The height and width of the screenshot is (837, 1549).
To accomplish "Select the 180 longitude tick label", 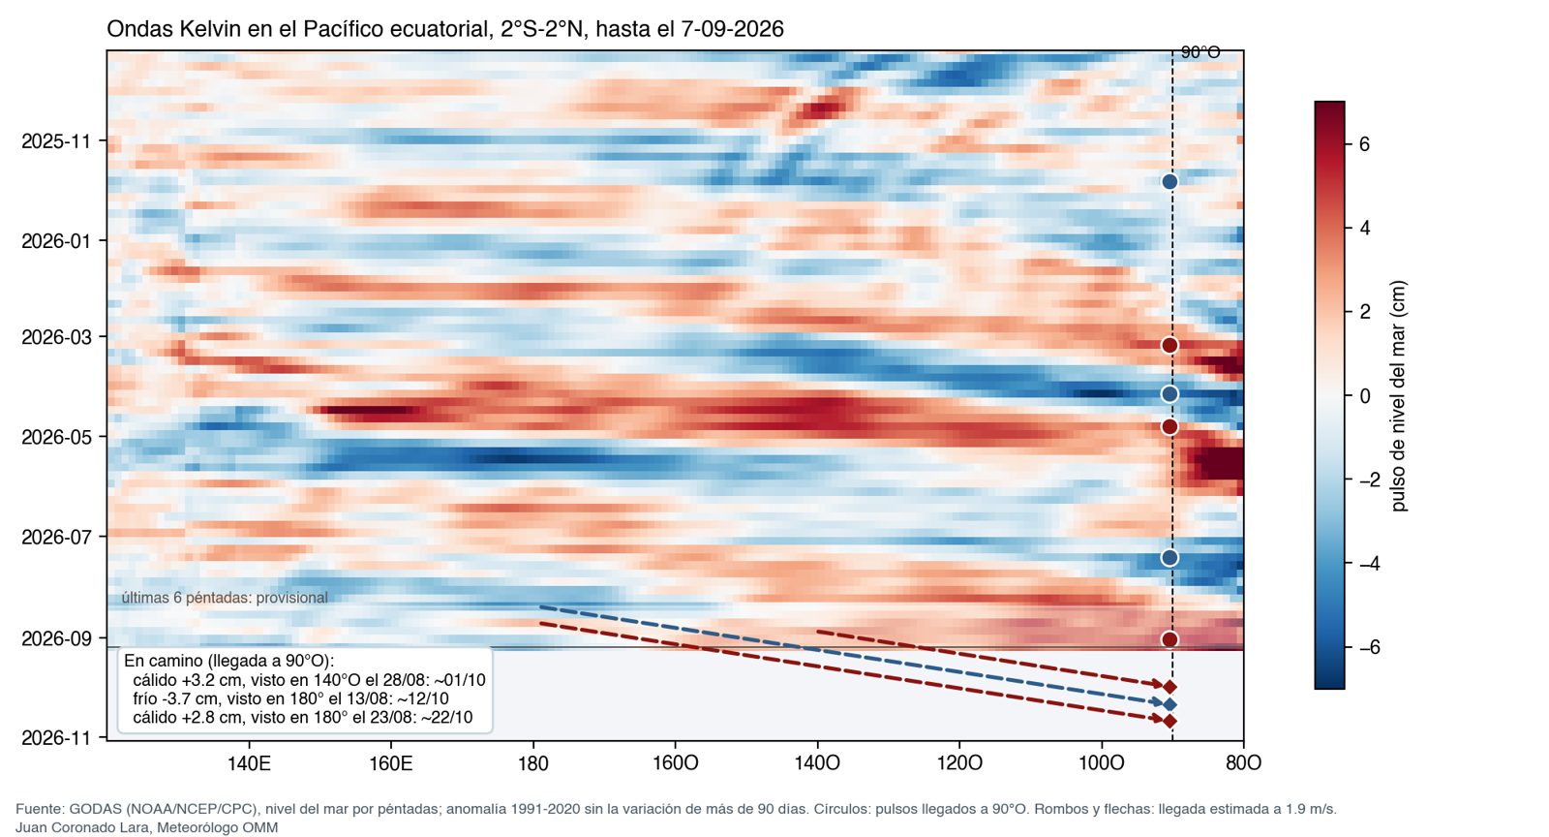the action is click(533, 763).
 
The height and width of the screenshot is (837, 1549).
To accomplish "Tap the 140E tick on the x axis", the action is click(249, 763).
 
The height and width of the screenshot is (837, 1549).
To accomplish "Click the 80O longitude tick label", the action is click(1243, 763).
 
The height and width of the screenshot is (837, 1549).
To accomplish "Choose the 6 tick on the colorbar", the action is click(1364, 144).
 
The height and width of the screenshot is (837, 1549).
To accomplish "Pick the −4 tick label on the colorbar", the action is click(1369, 564).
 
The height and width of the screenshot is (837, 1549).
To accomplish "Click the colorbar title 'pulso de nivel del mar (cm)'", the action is click(1398, 395).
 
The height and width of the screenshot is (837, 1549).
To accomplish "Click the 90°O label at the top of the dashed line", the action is click(1200, 52).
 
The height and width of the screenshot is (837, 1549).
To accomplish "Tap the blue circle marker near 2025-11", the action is click(1169, 182).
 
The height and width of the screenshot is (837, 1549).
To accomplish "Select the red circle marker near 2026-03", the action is click(1169, 345).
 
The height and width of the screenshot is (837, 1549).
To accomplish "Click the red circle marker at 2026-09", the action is click(1169, 639).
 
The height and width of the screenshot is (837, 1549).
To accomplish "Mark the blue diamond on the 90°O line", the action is click(1169, 705).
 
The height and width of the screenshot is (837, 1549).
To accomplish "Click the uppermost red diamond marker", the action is click(1169, 687).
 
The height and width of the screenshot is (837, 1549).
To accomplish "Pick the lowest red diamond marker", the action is click(1169, 722).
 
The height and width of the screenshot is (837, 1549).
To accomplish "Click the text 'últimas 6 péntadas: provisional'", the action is click(225, 598).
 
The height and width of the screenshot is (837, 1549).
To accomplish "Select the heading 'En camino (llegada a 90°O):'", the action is click(228, 662).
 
